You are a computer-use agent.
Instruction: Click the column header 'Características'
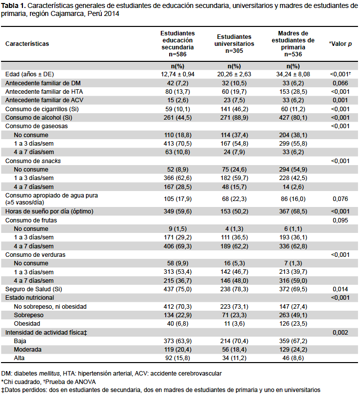coord(27,44)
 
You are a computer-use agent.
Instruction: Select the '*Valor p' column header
coord(341,44)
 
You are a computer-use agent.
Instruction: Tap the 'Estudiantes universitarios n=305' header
coord(234,44)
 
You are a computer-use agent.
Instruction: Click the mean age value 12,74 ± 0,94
coord(177,74)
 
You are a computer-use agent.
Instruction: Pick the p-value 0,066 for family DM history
coord(341,83)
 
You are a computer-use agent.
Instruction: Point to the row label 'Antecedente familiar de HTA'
coord(44,92)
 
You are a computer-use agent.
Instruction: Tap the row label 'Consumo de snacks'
coord(33,161)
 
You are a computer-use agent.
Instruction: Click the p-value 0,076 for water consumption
coord(341,199)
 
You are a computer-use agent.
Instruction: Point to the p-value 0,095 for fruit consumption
coord(341,220)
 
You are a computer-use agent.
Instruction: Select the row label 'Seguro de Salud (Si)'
coord(33,289)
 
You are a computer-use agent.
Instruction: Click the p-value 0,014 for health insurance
coord(341,289)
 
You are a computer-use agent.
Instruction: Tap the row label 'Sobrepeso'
coord(28,315)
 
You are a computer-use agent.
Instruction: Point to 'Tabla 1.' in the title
coord(13,6)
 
